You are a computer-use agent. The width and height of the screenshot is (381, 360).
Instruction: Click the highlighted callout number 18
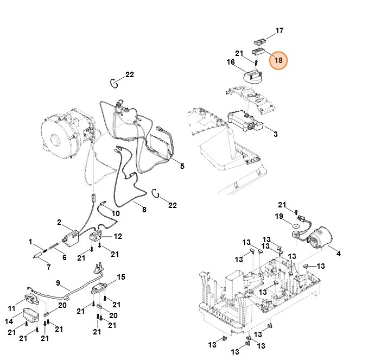tap(278, 60)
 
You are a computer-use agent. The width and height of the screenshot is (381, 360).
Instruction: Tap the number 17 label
tap(279, 31)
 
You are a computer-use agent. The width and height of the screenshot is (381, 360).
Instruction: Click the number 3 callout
tap(275, 134)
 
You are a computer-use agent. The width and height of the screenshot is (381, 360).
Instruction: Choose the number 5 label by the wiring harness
tap(182, 166)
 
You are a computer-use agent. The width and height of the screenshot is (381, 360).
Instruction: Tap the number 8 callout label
tap(144, 210)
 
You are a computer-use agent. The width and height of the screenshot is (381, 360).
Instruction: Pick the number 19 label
tap(279, 216)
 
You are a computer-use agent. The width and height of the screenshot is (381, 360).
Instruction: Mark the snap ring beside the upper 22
tap(113, 83)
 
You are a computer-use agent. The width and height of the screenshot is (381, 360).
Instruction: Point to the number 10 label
tap(115, 213)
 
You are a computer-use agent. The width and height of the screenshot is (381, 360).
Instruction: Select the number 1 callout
tap(31, 242)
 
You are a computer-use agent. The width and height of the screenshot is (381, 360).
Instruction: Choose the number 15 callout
tap(121, 277)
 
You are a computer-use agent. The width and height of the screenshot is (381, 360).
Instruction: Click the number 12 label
tap(117, 236)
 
